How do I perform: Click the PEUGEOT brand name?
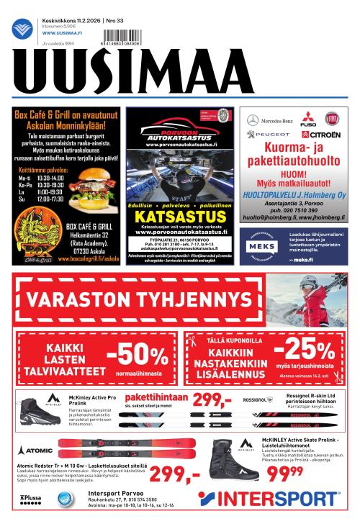(269, 134)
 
